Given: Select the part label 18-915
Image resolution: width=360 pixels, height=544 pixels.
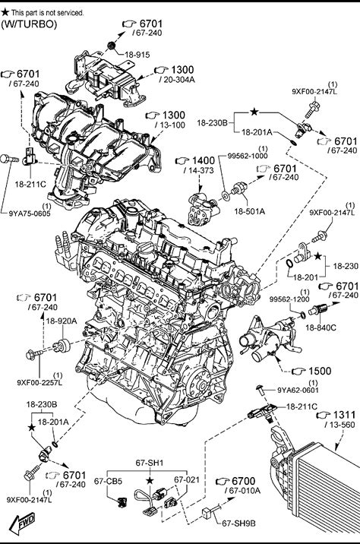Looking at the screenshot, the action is point(137,55).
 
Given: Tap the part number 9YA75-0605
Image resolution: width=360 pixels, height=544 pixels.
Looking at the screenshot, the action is point(30,213).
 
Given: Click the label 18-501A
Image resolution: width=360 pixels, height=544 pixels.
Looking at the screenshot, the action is point(249,211).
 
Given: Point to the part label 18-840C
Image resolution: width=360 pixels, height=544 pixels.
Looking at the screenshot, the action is point(321,327).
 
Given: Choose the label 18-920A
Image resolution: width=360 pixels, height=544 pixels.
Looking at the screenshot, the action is point(61,321).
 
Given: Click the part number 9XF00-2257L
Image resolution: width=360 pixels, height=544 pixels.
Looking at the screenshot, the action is point(39,382).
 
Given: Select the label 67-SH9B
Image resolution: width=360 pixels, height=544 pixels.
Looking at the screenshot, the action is point(238,523).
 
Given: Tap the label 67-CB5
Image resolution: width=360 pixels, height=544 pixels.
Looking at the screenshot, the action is point(108,481).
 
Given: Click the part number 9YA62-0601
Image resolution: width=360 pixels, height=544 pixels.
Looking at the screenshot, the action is point(298,390).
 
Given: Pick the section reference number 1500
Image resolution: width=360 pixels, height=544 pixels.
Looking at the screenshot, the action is point(320,371).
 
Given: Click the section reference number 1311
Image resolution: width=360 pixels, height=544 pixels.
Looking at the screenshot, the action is point(344,415).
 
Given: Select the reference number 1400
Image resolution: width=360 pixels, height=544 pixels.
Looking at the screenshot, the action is point(204,160).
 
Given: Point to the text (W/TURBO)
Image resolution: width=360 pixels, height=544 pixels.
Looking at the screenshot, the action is point(29,24).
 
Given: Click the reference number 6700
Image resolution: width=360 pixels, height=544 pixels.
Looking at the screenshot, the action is point(244,481).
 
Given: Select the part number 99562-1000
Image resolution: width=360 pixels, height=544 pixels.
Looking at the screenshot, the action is point(248,156).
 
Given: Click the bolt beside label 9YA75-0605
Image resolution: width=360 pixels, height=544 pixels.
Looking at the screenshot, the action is point(9,159).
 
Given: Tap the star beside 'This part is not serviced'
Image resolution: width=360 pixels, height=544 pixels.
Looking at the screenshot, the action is point(5,12).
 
